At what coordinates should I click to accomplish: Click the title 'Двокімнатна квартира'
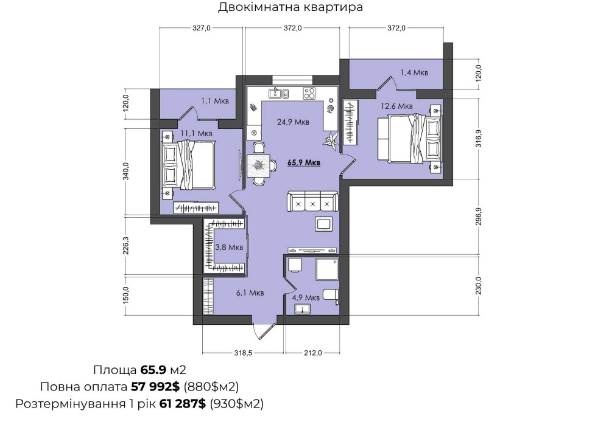pyautogui.click(x=290, y=7)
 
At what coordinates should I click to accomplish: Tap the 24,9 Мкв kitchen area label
pyautogui.click(x=294, y=122)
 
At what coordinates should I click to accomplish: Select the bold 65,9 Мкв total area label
pyautogui.click(x=304, y=162)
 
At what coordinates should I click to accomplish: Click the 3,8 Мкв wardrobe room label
pyautogui.click(x=229, y=247)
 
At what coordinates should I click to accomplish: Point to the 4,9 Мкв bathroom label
pyautogui.click(x=306, y=297)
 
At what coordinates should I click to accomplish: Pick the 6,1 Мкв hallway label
pyautogui.click(x=250, y=293)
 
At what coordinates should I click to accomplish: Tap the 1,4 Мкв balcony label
pyautogui.click(x=414, y=72)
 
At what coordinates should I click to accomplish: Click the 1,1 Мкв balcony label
pyautogui.click(x=215, y=101)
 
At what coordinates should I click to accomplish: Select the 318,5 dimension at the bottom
pyautogui.click(x=244, y=353)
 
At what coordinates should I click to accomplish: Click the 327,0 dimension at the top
pyautogui.click(x=202, y=28)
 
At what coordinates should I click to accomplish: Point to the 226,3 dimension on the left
pyautogui.click(x=125, y=246)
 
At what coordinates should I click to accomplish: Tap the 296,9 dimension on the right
pyautogui.click(x=478, y=217)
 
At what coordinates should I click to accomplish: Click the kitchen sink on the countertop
pyautogui.click(x=278, y=94)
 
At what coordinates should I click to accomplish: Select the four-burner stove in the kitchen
pyautogui.click(x=309, y=93)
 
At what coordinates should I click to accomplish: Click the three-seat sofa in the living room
pyautogui.click(x=312, y=202)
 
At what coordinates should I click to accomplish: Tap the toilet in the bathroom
pyautogui.click(x=331, y=295)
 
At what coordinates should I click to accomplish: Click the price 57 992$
pyautogui.click(x=155, y=387)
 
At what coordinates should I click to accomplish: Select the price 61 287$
pyautogui.click(x=183, y=404)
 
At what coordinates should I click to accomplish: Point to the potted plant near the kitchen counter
pyautogui.click(x=331, y=140)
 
